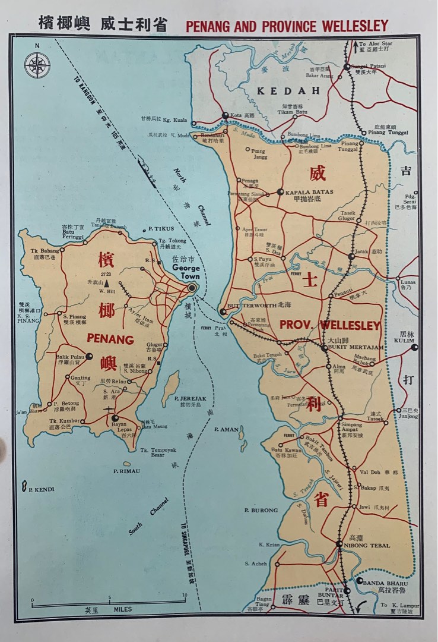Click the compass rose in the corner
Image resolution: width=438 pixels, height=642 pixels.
pos(37,65)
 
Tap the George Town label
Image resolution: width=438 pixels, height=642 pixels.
pos(186,272)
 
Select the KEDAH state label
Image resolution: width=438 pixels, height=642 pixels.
pos(288,90)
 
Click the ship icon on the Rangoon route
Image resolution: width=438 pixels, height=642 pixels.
pos(147,171)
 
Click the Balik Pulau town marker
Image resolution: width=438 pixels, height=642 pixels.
pos(88,356)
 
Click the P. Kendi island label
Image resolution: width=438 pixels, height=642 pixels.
pos(41,489)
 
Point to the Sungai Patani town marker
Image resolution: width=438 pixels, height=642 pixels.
pos(347,67)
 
